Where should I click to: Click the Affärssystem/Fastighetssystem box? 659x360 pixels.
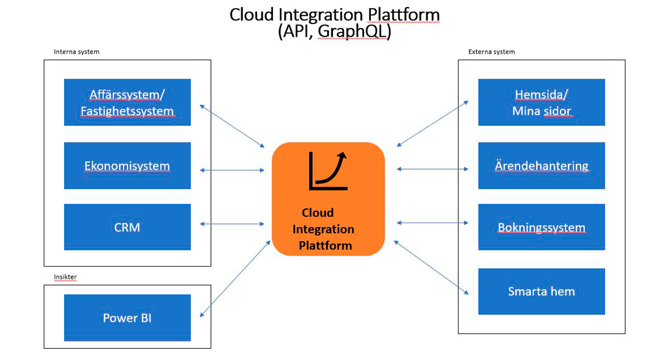pyautogui.click(x=127, y=102)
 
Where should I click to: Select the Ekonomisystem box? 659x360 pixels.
pyautogui.click(x=127, y=166)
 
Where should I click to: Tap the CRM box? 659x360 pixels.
pyautogui.click(x=127, y=227)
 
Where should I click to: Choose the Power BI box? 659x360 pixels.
pyautogui.click(x=127, y=318)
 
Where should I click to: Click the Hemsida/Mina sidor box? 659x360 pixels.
pyautogui.click(x=541, y=102)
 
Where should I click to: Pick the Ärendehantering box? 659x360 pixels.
pyautogui.click(x=541, y=166)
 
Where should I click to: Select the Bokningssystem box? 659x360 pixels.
pyautogui.click(x=541, y=227)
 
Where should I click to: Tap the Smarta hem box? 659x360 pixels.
pyautogui.click(x=541, y=291)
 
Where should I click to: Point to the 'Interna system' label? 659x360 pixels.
pyautogui.click(x=76, y=52)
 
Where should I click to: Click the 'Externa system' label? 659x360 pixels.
pyautogui.click(x=491, y=52)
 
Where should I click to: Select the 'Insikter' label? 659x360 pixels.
pyautogui.click(x=65, y=277)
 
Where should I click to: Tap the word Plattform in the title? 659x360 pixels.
pyautogui.click(x=403, y=15)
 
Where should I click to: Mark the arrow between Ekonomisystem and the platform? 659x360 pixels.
pyautogui.click(x=232, y=170)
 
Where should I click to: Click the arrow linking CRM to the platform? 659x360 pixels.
pyautogui.click(x=232, y=224)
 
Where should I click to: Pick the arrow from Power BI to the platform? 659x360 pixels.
pyautogui.click(x=235, y=279)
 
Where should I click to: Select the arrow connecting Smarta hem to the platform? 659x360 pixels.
pyautogui.click(x=431, y=267)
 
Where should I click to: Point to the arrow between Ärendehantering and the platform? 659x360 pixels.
pyautogui.click(x=432, y=169)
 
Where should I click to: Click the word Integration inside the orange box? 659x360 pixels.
pyautogui.click(x=323, y=229)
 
